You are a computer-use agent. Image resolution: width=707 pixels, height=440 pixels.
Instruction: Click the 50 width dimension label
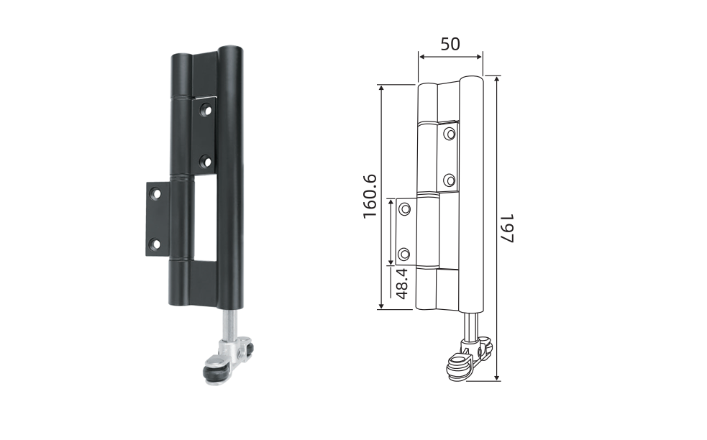pos(450,44)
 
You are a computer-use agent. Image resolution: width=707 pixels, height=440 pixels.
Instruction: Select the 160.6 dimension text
pos(370,196)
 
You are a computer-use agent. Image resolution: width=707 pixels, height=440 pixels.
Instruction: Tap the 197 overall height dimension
pos(507,228)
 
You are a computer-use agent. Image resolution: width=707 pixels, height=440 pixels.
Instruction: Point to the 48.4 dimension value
pos(402,283)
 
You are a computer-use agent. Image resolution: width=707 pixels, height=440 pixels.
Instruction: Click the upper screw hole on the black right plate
pos(206,109)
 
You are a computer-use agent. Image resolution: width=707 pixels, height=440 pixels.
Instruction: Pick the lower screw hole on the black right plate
pos(206,161)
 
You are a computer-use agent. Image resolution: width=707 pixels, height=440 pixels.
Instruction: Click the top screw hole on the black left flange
pos(155,194)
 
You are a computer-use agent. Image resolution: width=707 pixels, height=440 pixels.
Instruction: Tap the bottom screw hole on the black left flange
pos(155,244)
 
